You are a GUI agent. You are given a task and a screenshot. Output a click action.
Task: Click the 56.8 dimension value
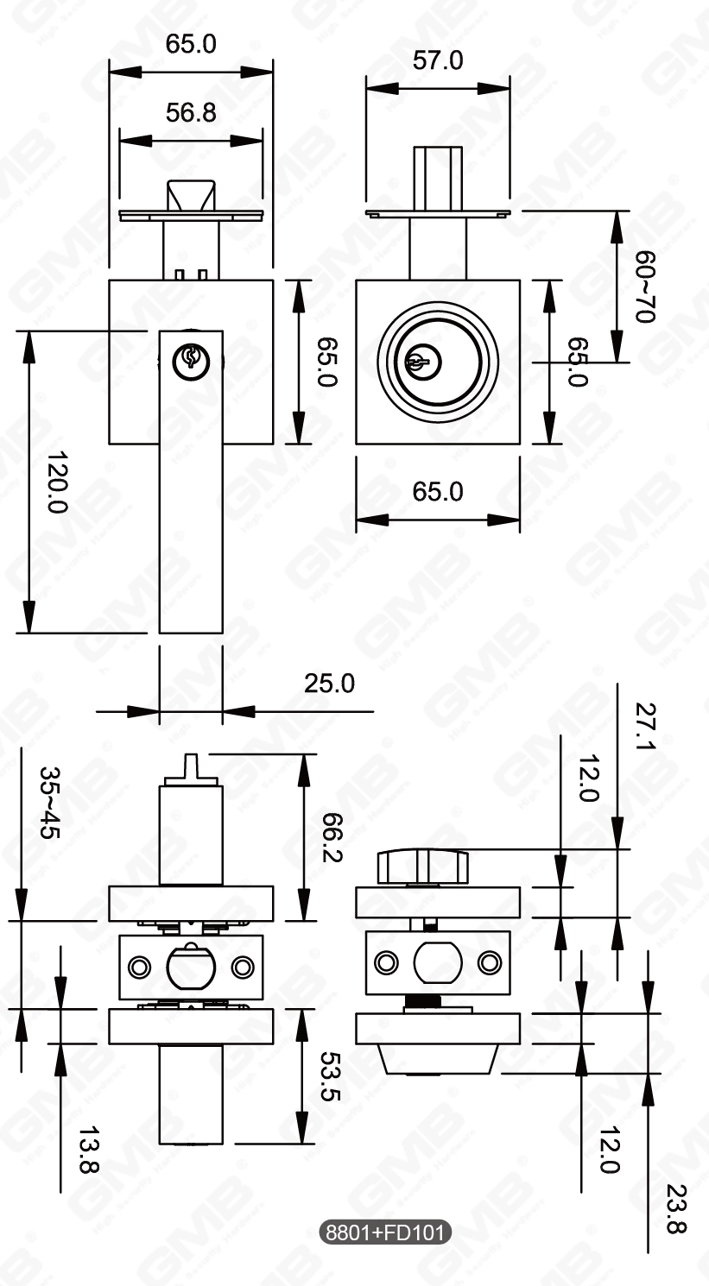(x=191, y=113)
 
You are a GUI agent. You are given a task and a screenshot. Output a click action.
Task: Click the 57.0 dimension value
(x=437, y=60)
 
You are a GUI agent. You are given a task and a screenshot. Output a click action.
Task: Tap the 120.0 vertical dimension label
(x=57, y=482)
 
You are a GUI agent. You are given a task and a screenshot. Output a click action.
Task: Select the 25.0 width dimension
(x=329, y=684)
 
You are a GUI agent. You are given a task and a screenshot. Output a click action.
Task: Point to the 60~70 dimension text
(x=645, y=287)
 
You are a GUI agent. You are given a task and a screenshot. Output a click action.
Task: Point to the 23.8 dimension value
(x=677, y=1210)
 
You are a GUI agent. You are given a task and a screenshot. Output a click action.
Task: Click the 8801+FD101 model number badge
(x=385, y=1232)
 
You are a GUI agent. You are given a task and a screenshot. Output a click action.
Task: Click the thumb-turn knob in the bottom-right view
(x=422, y=866)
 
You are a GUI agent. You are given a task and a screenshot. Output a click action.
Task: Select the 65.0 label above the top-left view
(x=191, y=45)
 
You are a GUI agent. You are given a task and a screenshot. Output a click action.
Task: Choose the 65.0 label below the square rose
(x=437, y=492)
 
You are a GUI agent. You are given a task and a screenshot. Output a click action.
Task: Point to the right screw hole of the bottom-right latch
(x=490, y=960)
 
